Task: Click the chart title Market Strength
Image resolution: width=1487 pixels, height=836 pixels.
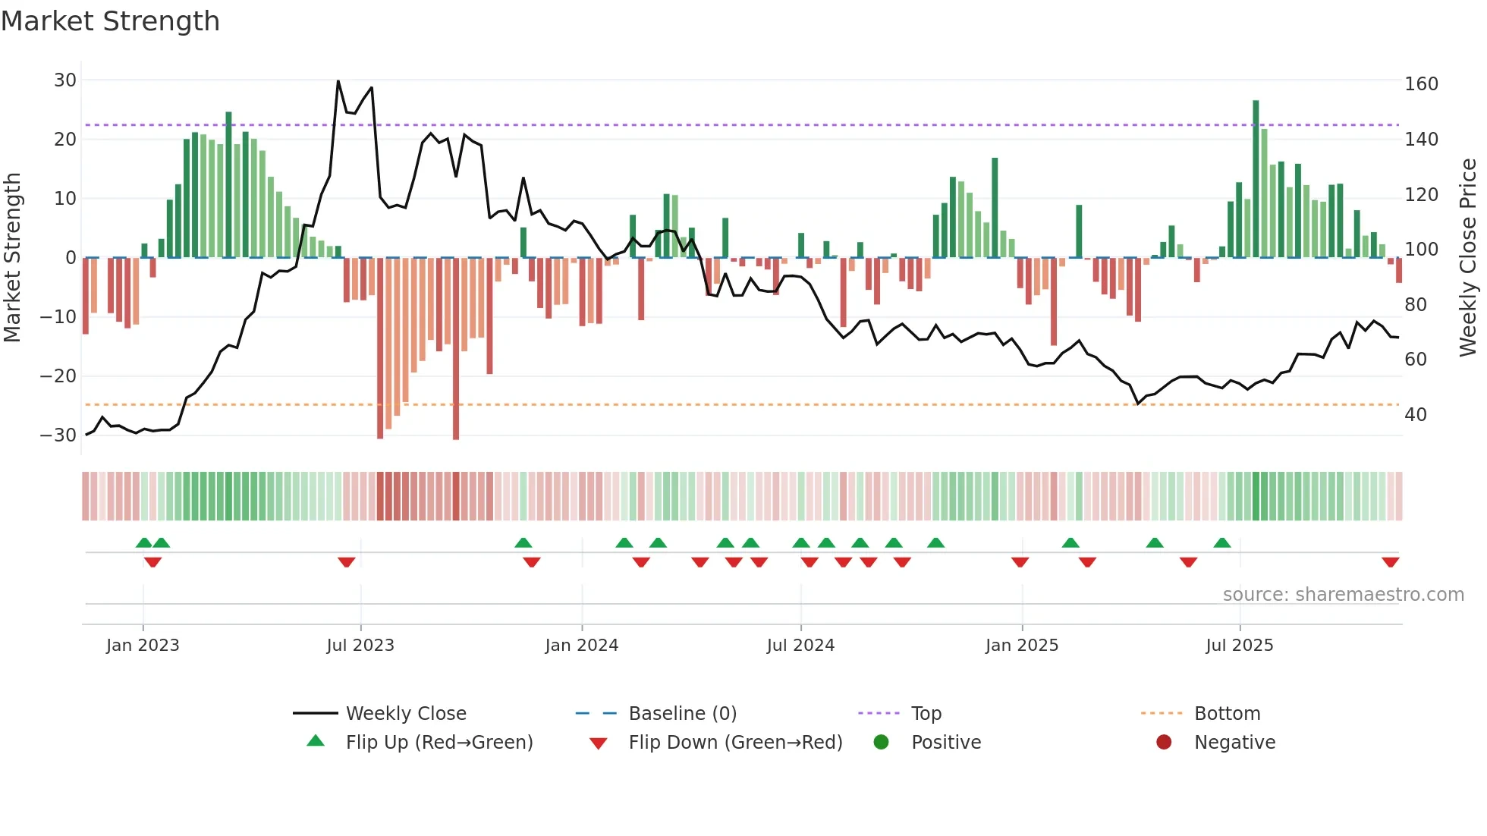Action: [x=110, y=21]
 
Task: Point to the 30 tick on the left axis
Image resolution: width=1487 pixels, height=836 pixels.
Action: [x=65, y=80]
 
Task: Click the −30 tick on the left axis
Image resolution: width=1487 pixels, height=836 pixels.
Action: [x=58, y=435]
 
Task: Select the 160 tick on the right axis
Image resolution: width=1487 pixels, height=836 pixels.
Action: [x=1421, y=84]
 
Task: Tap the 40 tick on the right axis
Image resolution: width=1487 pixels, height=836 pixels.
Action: [x=1415, y=415]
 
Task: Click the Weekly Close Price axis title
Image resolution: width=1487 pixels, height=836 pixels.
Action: [x=1467, y=258]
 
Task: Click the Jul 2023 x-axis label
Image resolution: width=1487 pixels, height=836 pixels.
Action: [x=360, y=646]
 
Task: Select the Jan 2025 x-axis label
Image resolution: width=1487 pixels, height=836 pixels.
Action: [x=1021, y=646]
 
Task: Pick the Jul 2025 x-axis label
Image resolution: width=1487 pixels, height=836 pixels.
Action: [x=1239, y=646]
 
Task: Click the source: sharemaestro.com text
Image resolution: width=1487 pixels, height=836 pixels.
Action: [x=1343, y=595]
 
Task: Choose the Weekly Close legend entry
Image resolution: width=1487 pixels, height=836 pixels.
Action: [x=406, y=714]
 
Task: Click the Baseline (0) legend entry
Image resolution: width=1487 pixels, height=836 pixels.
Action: [x=682, y=714]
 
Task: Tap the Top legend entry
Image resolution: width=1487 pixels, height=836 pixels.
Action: [x=926, y=714]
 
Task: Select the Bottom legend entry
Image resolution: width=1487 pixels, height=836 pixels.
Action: [x=1227, y=714]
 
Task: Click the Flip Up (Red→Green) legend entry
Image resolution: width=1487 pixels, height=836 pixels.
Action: [x=439, y=743]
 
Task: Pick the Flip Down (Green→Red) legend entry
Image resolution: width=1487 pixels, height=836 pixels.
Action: [x=735, y=743]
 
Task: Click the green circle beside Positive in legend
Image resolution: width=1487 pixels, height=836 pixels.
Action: [x=881, y=742]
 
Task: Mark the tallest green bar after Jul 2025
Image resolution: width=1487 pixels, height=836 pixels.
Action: [x=1256, y=178]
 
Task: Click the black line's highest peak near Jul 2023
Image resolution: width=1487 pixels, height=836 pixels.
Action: [x=338, y=81]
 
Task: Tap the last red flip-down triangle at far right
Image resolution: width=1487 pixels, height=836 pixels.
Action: [x=1390, y=562]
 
